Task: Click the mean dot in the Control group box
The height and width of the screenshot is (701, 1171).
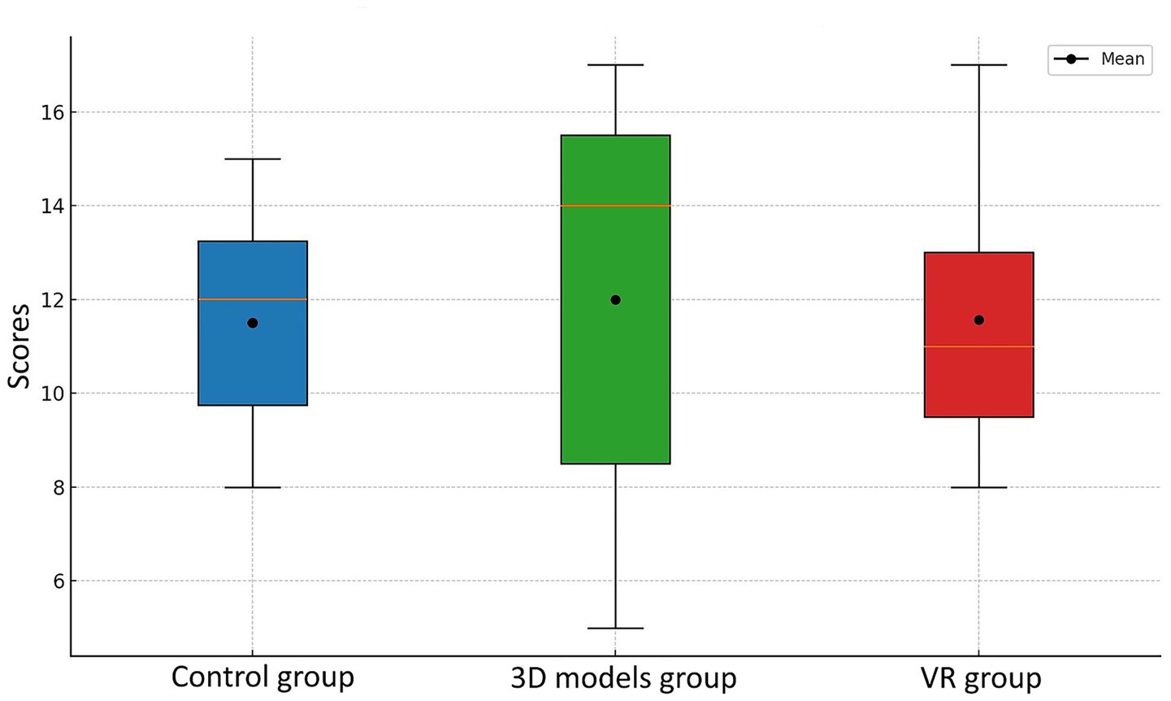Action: (253, 323)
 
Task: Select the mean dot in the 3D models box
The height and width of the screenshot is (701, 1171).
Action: (615, 300)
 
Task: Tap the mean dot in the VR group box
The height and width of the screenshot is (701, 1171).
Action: (978, 320)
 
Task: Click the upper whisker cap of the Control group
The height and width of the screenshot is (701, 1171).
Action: (253, 159)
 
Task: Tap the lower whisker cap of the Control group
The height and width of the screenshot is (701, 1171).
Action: (253, 487)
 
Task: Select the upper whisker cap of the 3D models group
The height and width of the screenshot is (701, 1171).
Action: (615, 65)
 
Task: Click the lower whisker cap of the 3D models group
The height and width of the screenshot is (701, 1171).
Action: (615, 628)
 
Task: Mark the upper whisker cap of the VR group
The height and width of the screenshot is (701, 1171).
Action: (978, 65)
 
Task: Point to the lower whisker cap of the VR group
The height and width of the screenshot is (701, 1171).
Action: (978, 487)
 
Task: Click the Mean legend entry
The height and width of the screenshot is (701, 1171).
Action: (1099, 59)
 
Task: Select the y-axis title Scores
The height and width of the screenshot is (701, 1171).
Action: (20, 346)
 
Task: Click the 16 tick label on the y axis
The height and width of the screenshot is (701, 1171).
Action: (52, 112)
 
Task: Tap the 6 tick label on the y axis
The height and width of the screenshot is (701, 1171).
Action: (58, 581)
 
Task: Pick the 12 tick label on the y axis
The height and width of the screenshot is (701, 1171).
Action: (52, 300)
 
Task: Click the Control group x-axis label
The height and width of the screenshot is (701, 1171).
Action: (262, 677)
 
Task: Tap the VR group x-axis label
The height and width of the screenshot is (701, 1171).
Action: (981, 677)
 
